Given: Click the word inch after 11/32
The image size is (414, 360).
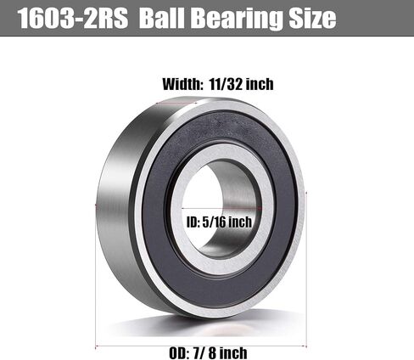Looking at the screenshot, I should coord(260,84).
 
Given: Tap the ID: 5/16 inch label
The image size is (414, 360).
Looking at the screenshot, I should coord(217,222).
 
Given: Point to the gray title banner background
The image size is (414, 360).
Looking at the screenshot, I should coord(373,19).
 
